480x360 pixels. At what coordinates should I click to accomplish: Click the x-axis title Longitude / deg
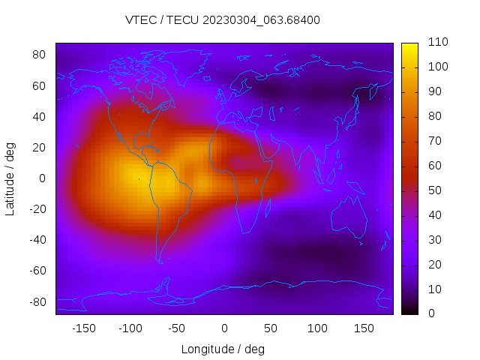223,349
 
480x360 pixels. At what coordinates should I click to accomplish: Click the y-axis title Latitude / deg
10,178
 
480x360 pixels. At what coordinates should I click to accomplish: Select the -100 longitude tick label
130,328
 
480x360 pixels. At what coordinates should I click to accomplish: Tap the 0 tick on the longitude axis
224,328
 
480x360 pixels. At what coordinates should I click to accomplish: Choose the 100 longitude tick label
317,328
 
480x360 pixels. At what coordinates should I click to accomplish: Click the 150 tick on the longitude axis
364,328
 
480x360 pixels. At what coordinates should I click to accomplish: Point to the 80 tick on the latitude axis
40,55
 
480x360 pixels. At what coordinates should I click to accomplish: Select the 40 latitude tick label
40,116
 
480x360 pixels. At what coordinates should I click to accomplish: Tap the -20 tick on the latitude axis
37,209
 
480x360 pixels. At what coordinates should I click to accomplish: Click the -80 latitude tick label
37,301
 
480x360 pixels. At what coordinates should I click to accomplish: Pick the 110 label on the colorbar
437,42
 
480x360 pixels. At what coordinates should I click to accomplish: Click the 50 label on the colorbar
434,190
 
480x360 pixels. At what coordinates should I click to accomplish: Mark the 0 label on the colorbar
431,313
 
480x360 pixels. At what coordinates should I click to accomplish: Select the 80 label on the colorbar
434,116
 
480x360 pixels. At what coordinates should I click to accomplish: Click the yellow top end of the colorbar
409,46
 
